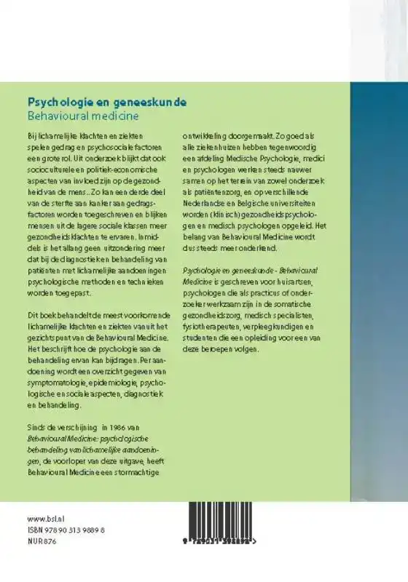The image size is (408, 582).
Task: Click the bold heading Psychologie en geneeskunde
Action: coord(106,103)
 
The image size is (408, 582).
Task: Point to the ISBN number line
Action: coord(66,531)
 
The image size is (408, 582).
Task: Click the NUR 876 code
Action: coord(41,541)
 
